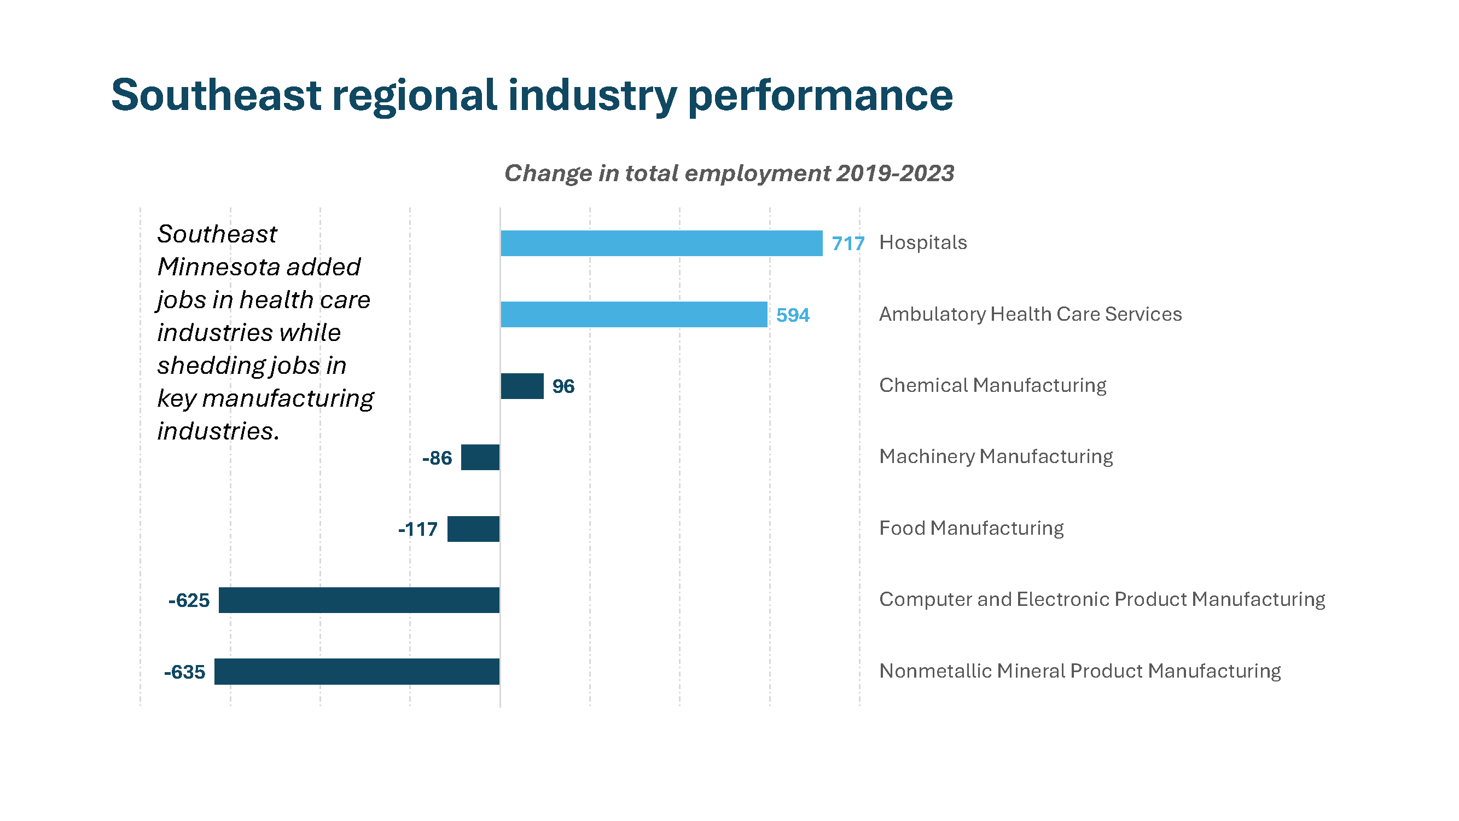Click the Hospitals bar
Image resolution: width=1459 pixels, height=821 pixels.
(661, 243)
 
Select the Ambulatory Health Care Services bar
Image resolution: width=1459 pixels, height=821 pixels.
(634, 315)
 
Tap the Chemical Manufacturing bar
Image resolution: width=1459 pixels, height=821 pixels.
(522, 386)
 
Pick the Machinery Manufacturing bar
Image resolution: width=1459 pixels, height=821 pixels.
(480, 457)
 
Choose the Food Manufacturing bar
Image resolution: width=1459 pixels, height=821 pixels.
(474, 529)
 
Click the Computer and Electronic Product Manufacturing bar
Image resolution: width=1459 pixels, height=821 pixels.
(359, 600)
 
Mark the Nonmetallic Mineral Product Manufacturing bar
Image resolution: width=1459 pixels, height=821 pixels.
(357, 672)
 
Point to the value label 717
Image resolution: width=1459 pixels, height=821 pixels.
(848, 244)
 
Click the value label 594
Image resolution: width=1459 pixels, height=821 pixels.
(792, 315)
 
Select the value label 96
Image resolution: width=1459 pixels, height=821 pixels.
(563, 386)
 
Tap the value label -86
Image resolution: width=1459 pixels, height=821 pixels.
(437, 458)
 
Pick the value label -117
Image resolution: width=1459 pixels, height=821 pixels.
(418, 529)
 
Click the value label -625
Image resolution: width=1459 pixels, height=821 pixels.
(189, 600)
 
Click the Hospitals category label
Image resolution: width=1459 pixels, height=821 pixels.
(923, 242)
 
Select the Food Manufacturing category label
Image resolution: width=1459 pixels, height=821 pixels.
(972, 528)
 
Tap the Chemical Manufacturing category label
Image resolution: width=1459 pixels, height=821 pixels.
(992, 385)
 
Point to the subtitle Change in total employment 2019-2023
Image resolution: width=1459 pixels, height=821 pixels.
(729, 173)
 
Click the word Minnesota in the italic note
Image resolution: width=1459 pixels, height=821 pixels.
(259, 267)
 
